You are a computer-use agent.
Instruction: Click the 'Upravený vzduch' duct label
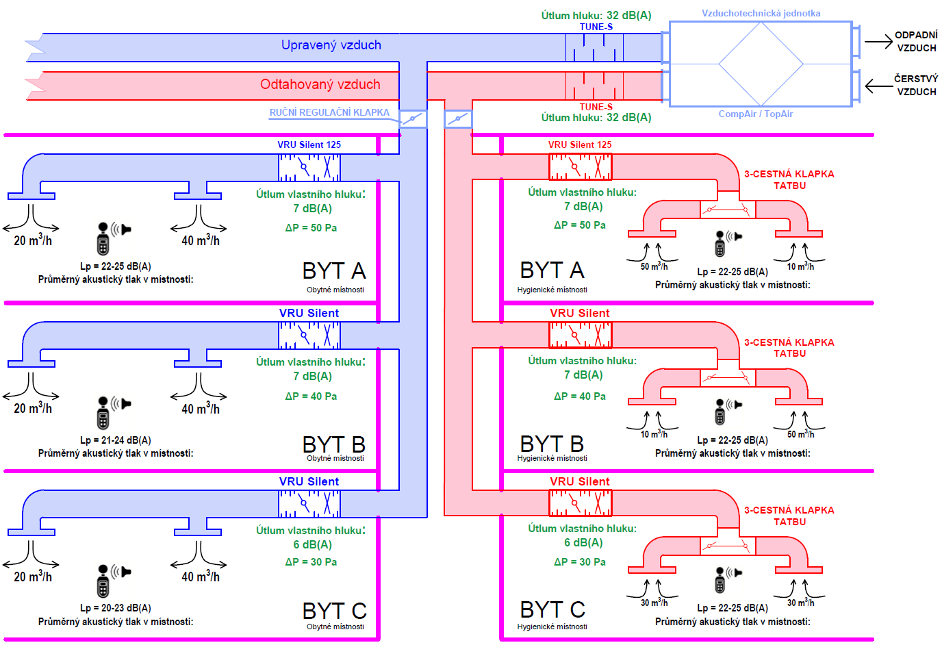pos(331,45)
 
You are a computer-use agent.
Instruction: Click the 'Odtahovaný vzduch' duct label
pos(320,84)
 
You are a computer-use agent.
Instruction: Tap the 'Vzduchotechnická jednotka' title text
pos(761,13)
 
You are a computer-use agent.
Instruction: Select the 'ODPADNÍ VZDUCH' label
pos(916,41)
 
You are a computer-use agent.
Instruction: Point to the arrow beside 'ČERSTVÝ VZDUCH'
pos(878,86)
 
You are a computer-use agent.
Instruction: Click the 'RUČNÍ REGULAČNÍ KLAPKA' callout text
pos(329,112)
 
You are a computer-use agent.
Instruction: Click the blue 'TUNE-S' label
pos(596,27)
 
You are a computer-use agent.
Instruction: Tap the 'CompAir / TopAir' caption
pos(755,114)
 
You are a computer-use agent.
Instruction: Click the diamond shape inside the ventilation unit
pos(761,64)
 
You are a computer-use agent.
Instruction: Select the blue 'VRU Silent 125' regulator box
pos(309,167)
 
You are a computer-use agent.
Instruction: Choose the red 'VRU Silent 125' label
pos(580,144)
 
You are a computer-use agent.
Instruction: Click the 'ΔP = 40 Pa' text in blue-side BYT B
pos(311,396)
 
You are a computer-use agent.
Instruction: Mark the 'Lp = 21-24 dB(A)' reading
pos(116,440)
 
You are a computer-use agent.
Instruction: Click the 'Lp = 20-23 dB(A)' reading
pos(116,608)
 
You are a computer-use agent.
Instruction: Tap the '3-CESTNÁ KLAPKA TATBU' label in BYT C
pos(789,516)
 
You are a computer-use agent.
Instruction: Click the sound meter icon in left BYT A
pos(104,238)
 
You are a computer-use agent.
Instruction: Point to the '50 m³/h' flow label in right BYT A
pos(654,266)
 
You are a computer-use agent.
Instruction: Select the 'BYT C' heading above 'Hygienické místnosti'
pos(552,609)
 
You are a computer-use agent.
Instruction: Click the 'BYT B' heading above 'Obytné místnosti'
pos(334,444)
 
